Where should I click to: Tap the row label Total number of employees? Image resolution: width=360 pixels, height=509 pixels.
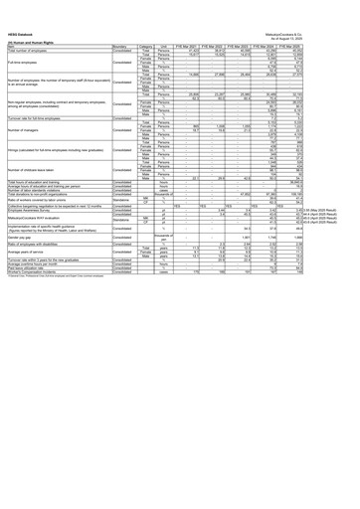(x=35, y=35)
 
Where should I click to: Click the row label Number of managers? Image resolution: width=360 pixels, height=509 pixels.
(x=29, y=129)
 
